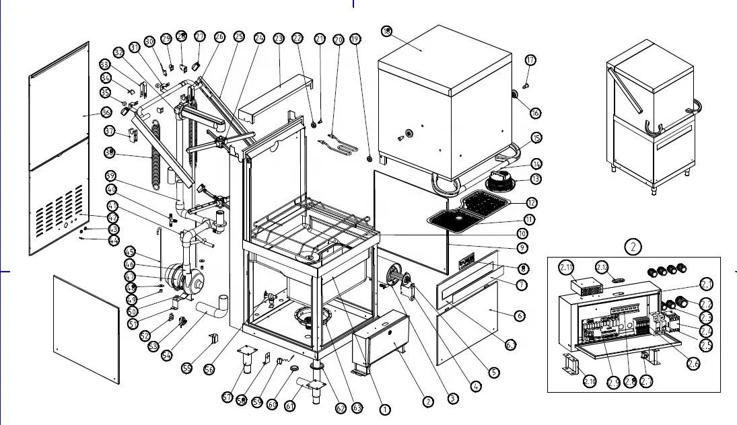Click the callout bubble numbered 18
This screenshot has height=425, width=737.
click(386, 32)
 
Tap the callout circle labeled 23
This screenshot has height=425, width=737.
click(279, 39)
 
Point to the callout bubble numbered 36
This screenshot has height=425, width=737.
click(106, 112)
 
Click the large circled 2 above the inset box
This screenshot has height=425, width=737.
click(633, 246)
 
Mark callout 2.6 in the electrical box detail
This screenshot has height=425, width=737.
click(693, 364)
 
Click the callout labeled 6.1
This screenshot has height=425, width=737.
click(512, 345)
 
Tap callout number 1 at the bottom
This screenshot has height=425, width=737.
click(385, 409)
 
